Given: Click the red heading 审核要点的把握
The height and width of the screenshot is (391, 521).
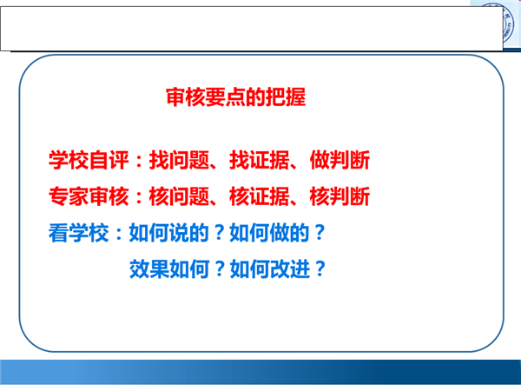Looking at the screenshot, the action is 235,97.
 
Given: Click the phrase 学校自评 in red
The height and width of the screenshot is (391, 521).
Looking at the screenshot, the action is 89,160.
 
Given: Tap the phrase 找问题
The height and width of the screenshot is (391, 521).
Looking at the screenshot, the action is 179,160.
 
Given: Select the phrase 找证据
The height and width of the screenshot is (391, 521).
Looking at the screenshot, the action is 259,160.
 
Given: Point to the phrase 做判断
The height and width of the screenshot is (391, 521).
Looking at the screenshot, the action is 340,160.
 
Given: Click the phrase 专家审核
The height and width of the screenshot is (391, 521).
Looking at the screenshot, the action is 89,196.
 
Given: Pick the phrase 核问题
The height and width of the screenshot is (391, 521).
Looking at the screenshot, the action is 179,196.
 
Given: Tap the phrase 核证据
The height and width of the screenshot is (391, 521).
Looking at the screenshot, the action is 259,196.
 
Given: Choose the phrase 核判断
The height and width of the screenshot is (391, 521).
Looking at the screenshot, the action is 340,196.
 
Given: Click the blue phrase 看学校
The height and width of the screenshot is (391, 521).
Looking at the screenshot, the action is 78,232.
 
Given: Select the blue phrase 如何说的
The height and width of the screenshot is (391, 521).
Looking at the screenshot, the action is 168,232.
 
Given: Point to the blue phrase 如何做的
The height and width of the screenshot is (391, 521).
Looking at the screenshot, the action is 269,232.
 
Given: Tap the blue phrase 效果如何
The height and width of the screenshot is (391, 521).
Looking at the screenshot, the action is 169,268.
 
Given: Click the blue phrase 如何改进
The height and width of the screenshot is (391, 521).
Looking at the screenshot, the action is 270,268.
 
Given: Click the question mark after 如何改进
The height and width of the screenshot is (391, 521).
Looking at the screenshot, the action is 320,268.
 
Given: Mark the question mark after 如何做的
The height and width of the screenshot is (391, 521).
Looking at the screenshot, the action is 320,232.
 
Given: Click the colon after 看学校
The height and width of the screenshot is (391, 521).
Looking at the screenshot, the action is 119,234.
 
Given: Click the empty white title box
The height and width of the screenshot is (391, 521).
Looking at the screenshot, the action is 252,29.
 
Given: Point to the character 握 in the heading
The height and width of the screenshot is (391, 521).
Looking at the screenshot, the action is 296,97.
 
